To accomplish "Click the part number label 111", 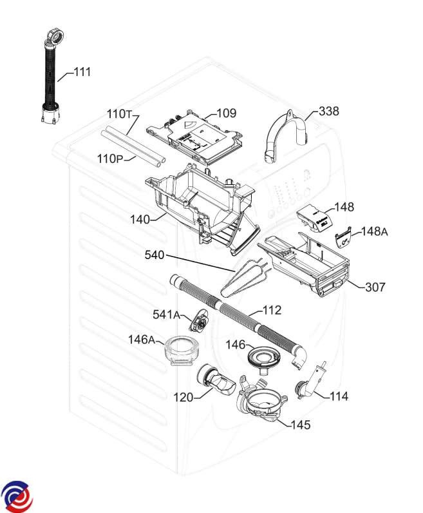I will coord(82,72).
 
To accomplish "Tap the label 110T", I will coord(119,114).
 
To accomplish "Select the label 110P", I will coord(110,158).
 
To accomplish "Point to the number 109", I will coord(226,114).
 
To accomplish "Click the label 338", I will coord(328,111).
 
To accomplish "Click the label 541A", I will coord(167,315).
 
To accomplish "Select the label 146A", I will coord(142,340).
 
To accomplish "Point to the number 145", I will coord(300,425).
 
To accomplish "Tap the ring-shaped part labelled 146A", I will coord(181,351).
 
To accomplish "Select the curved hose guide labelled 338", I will coord(287,132).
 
